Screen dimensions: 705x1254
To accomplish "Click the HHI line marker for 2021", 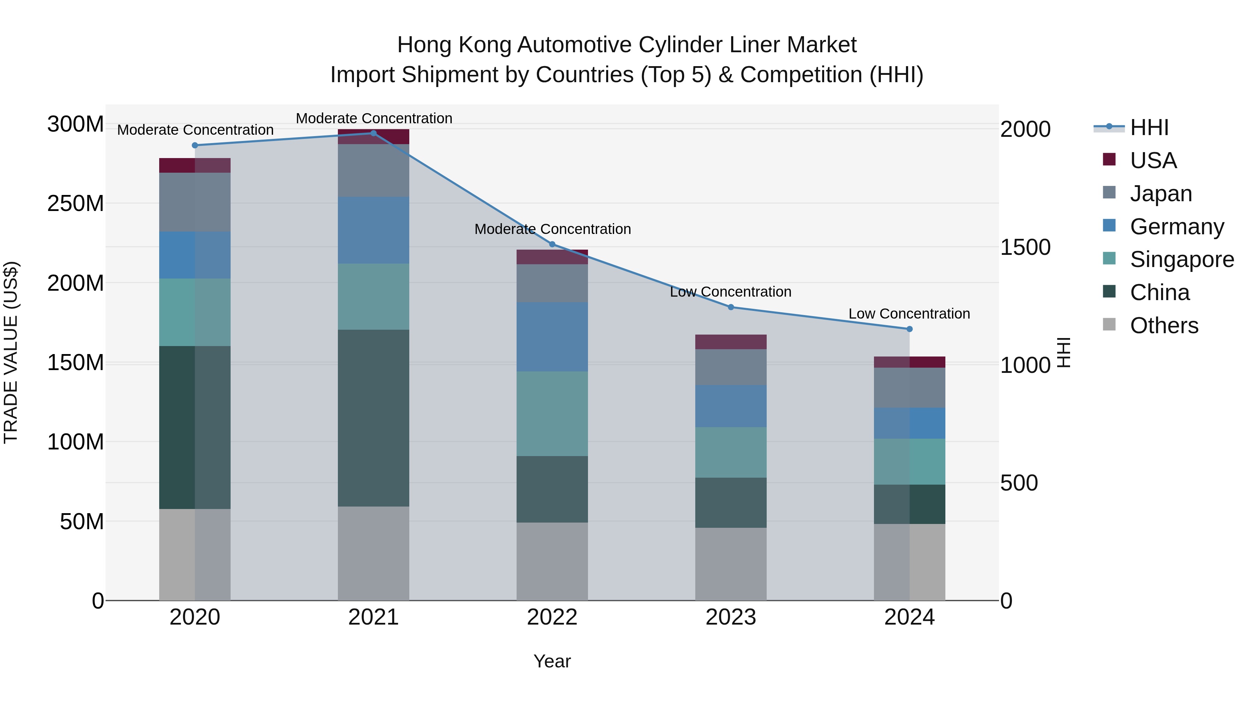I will [x=373, y=133].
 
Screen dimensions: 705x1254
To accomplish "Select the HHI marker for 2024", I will [x=909, y=329].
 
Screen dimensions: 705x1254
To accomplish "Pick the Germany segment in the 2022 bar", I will [x=552, y=337].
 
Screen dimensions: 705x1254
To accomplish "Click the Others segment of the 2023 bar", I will [x=731, y=564].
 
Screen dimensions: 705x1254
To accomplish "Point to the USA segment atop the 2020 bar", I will [x=195, y=165].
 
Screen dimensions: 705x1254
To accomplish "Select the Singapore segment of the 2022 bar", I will [x=552, y=414].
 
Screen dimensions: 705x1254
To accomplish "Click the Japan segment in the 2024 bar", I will [x=909, y=388].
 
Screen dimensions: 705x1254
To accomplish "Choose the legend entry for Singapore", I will [x=1182, y=259].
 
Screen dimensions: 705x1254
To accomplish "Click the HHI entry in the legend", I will [x=1149, y=127].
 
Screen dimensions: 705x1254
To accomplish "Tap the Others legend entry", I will [x=1163, y=326].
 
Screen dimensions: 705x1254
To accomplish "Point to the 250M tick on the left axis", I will [x=76, y=203].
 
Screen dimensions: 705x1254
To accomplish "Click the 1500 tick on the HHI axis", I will [x=1025, y=247].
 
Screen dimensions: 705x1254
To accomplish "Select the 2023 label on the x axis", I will [x=731, y=617].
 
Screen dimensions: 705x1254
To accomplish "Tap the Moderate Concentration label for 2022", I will [x=552, y=229].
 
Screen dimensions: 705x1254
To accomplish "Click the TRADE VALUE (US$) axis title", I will [x=11, y=352].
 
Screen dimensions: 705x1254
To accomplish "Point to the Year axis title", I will [x=552, y=661].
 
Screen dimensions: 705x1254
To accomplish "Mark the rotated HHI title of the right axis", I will [x=1065, y=352].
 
